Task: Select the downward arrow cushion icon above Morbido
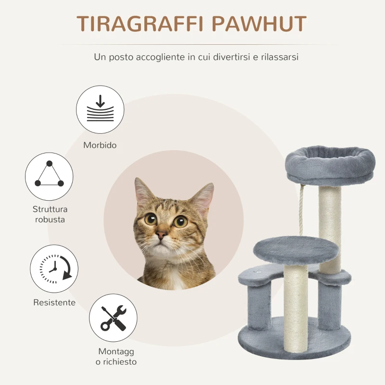pos(100,109)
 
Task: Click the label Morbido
pos(100,145)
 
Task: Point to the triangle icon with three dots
pos(49,177)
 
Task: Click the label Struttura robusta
pos(50,214)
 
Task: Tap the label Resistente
pos(54,303)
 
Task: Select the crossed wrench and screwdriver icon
pos(114,318)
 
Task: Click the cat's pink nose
pos(161,234)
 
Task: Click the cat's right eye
pos(181,221)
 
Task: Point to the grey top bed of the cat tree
pos(330,162)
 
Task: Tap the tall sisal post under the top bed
pos(330,226)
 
